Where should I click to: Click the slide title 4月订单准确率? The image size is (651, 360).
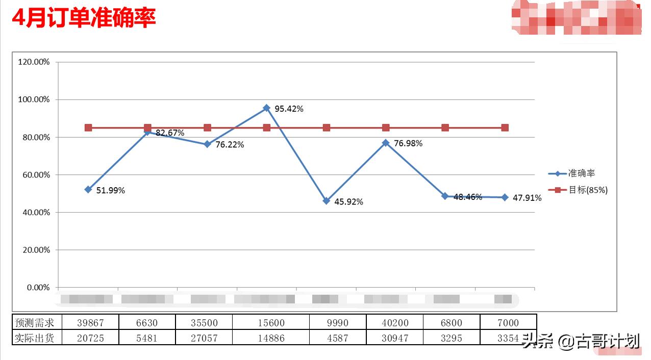click(x=84, y=18)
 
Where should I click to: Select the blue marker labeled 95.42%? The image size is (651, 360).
click(x=266, y=108)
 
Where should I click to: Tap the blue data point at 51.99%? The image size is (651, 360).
click(x=88, y=189)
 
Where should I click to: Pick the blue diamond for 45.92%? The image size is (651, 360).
click(x=327, y=201)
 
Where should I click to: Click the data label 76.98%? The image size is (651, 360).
click(x=408, y=144)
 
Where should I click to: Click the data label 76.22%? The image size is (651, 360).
click(x=230, y=145)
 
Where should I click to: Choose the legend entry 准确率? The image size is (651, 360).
click(x=582, y=174)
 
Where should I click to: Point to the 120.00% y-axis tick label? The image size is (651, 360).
click(x=34, y=62)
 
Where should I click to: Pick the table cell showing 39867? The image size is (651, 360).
click(x=90, y=323)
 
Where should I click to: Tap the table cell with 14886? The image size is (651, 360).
click(x=270, y=338)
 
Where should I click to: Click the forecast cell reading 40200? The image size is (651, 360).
click(x=394, y=323)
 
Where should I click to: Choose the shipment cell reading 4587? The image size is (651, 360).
click(x=337, y=338)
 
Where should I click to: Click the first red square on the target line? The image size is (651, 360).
click(x=88, y=127)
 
